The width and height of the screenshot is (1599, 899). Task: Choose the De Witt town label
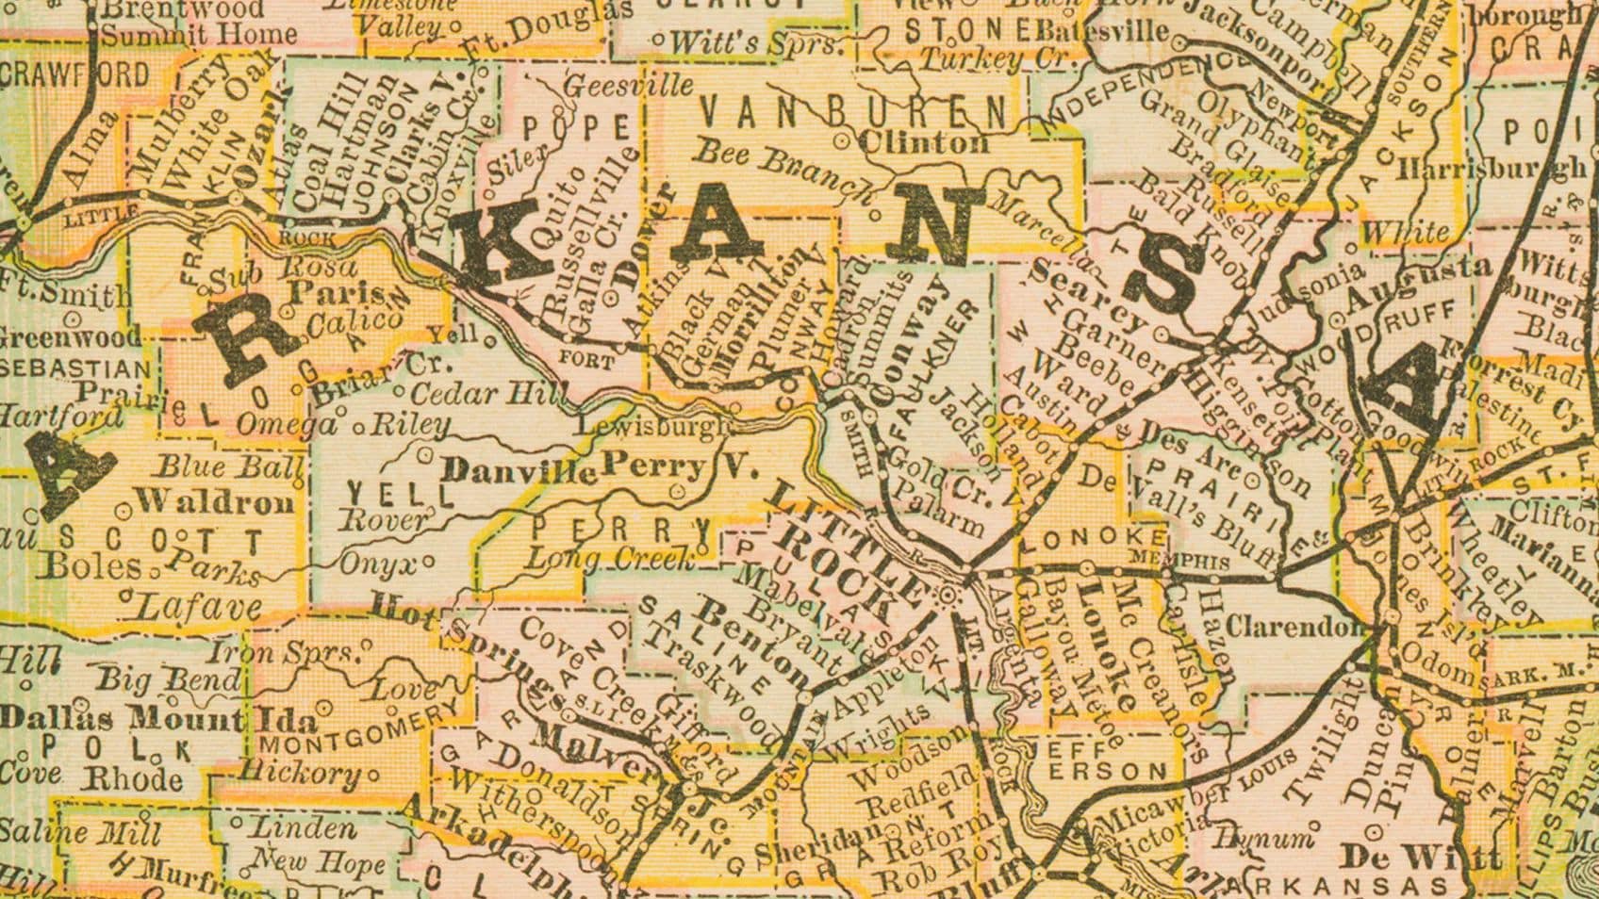click(x=1421, y=857)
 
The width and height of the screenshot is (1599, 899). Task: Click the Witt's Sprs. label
click(x=758, y=42)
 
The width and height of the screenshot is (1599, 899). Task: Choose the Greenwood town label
click(x=71, y=336)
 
